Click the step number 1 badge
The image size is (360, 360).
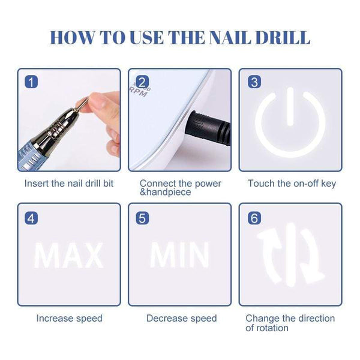point(31,82)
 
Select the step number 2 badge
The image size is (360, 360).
point(142,82)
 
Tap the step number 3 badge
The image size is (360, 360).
point(254,82)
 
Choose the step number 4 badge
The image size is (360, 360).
point(31,217)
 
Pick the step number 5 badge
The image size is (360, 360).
point(142,217)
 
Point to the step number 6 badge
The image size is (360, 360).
point(254,217)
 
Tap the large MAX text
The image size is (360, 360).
point(68,255)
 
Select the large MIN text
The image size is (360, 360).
point(179,255)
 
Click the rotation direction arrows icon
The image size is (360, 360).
point(290,254)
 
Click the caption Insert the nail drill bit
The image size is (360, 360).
point(68,184)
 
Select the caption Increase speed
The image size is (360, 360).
point(69,319)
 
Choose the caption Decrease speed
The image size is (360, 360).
point(179,319)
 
